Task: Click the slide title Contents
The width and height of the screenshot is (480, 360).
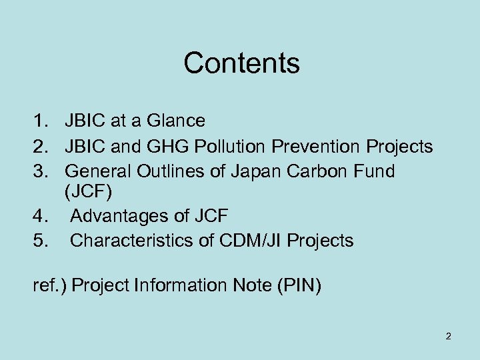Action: point(241,63)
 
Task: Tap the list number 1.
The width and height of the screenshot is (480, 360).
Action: point(39,121)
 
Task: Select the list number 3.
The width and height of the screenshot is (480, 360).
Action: point(39,171)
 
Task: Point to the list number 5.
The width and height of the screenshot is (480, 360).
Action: point(39,240)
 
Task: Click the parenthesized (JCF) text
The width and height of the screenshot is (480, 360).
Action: point(89,193)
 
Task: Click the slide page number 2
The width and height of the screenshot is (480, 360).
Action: point(448,336)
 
